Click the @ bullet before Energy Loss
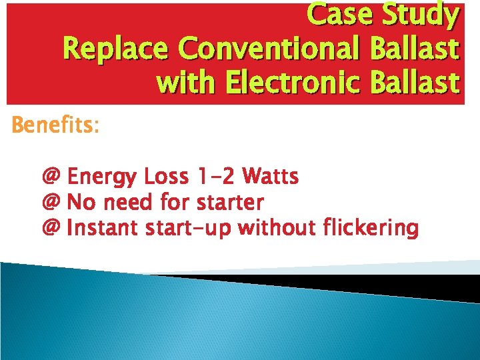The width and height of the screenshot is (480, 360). coord(51,177)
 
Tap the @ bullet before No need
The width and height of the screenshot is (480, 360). coord(51,201)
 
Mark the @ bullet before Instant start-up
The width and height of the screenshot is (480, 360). coord(51,228)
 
